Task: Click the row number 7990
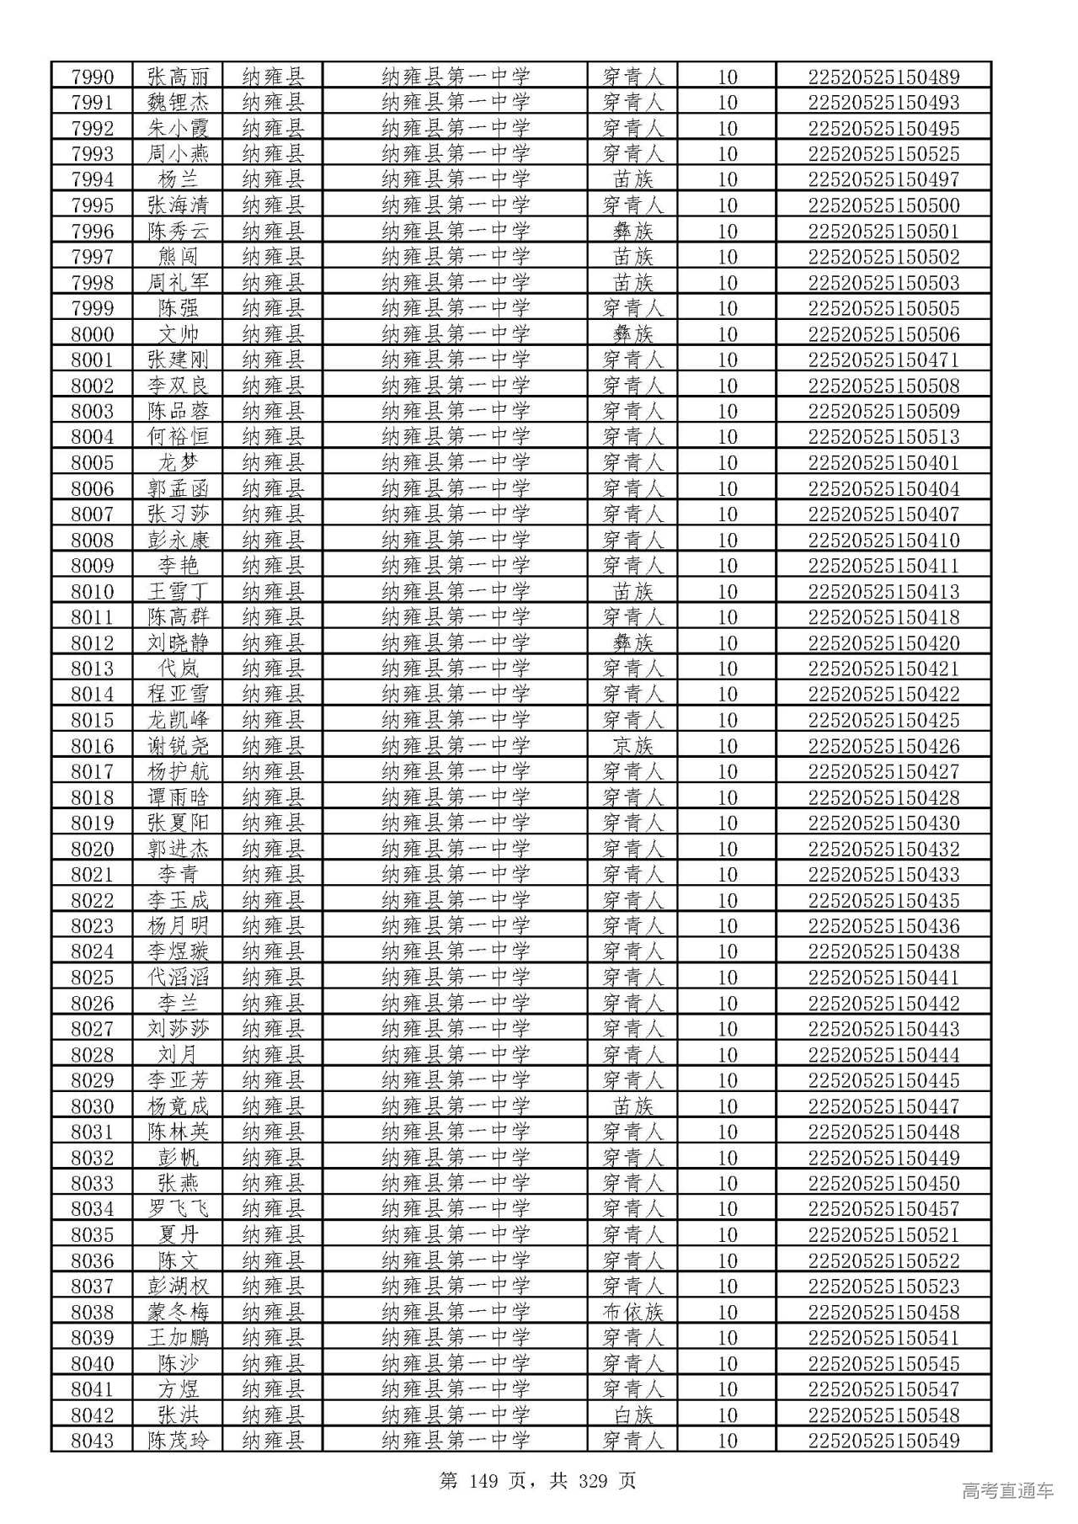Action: (92, 77)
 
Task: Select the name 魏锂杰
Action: (178, 103)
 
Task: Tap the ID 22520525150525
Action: (883, 154)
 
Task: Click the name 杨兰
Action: (178, 179)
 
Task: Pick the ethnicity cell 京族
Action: (632, 745)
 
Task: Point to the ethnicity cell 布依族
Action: (632, 1312)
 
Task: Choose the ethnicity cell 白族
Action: (632, 1415)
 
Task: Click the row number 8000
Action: (92, 334)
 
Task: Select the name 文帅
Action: (178, 334)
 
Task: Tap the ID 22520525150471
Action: (883, 360)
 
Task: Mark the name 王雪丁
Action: (178, 591)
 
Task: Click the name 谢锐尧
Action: (178, 745)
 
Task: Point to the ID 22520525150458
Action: (883, 1312)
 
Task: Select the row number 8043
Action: (92, 1441)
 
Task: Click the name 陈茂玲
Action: (178, 1441)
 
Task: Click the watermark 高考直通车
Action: (1006, 1491)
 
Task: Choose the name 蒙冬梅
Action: (178, 1312)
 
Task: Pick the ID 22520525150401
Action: (883, 462)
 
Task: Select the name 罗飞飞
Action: (178, 1209)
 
